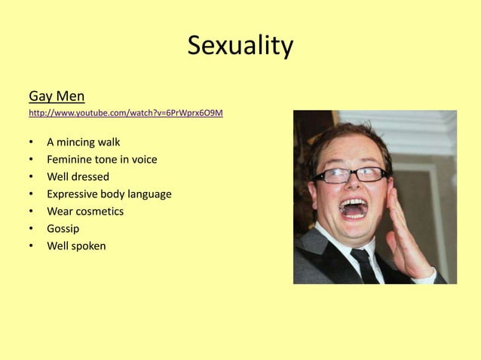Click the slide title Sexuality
[240, 46]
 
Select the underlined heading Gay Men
[57, 96]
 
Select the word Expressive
[74, 194]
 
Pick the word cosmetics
[99, 211]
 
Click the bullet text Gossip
[63, 228]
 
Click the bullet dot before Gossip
[31, 228]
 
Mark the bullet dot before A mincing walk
[31, 142]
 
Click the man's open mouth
[354, 208]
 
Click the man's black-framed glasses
[350, 175]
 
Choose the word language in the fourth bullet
[149, 194]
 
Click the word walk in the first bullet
[108, 142]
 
